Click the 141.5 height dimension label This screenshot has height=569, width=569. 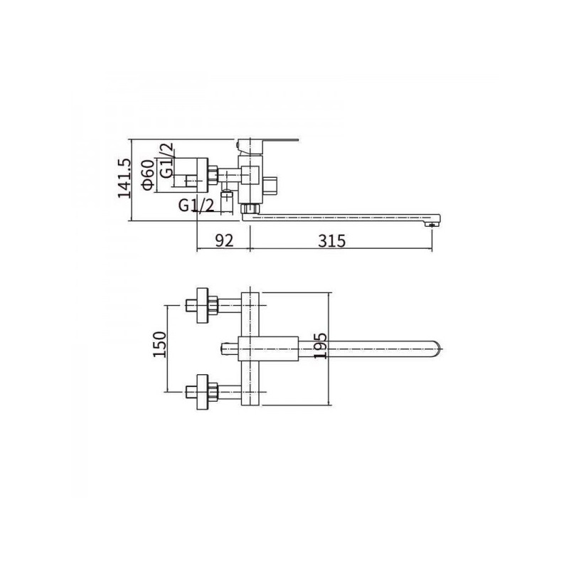(x=124, y=179)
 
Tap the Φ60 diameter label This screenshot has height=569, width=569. (x=149, y=174)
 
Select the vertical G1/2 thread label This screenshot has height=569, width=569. (x=166, y=160)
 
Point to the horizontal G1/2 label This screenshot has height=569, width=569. (x=196, y=206)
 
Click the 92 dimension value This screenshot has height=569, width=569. (x=224, y=240)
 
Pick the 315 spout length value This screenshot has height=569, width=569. (x=332, y=240)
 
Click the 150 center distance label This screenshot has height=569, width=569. (x=159, y=344)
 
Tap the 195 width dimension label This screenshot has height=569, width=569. (x=320, y=346)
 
